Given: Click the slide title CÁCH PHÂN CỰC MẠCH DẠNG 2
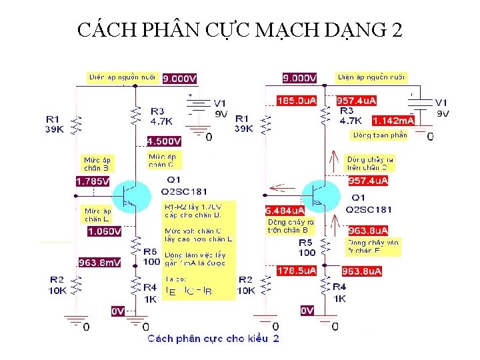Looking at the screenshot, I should tap(240, 30).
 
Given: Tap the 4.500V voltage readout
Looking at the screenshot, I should tap(164, 141).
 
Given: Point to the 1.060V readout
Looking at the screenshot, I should tap(105, 231).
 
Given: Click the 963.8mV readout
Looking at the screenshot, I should tap(100, 263).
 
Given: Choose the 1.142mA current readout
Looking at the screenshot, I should tap(393, 121).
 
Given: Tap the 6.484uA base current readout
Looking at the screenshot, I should tap(285, 211).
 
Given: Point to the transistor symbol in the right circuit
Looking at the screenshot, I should tap(319, 194).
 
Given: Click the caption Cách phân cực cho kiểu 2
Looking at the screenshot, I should tap(213, 339).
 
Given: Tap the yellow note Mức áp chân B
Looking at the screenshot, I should tap(97, 163).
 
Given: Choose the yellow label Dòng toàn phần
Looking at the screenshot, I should tap(379, 135).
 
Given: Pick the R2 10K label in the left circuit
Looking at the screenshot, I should tap(57, 285).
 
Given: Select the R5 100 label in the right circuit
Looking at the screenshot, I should tap(305, 247).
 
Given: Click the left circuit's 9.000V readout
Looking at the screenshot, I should tap(180, 78).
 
